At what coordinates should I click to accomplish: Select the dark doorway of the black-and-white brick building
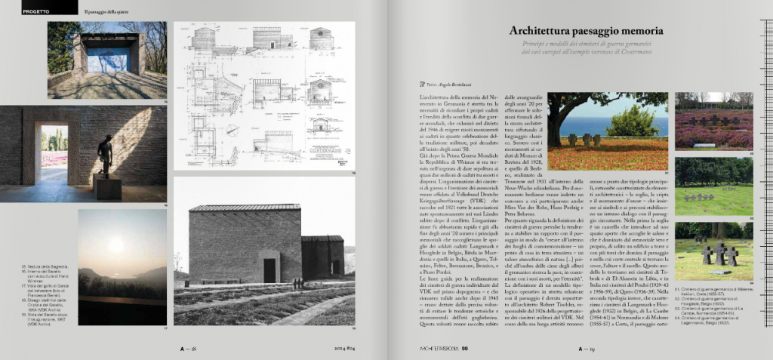point(269,269)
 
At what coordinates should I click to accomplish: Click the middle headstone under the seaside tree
point(585,140)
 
